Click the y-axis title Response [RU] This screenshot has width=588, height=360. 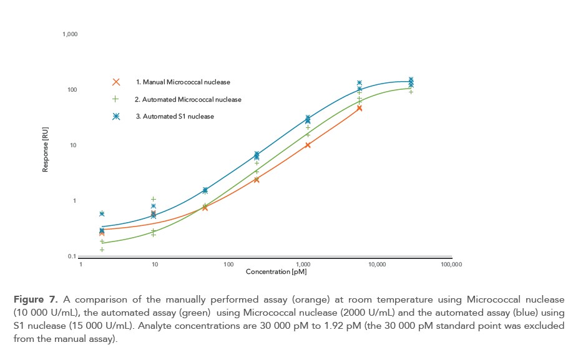tap(46, 150)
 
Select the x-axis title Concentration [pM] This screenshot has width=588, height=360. tap(276, 272)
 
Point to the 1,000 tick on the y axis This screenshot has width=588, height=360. tap(70, 34)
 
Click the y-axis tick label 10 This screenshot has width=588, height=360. tap(73, 145)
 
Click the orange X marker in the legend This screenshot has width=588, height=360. tap(115, 82)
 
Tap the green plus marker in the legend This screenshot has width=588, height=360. tap(115, 99)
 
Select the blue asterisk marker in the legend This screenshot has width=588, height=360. tap(115, 116)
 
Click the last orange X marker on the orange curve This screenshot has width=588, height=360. tap(360, 109)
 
